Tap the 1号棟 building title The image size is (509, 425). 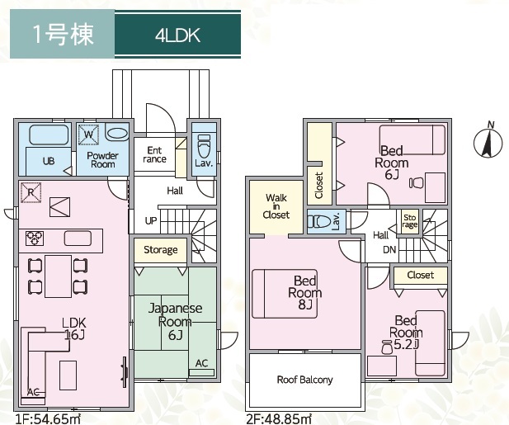click(64, 35)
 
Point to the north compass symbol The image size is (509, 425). click(488, 143)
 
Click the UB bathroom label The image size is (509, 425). click(49, 162)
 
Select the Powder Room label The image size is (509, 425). click(103, 159)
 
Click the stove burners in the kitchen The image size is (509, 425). click(35, 238)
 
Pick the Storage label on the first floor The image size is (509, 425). click(160, 250)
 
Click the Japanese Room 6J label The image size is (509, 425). click(169, 321)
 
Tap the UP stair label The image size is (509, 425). click(151, 221)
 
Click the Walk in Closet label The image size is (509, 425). click(276, 206)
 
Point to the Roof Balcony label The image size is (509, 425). click(304, 380)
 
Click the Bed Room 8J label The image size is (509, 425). click(305, 292)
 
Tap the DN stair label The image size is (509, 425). click(389, 249)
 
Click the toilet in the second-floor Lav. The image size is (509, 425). click(325, 220)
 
